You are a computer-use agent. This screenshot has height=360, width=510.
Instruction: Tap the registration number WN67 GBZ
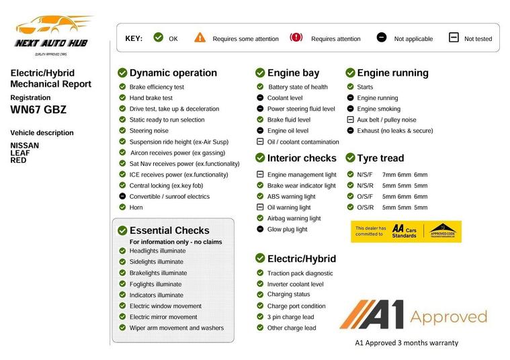click(38, 110)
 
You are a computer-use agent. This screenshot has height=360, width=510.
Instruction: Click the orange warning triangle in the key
click(200, 38)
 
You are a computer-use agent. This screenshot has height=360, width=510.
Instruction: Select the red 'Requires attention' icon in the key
click(296, 38)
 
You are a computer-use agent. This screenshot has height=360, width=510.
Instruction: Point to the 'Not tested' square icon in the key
click(454, 38)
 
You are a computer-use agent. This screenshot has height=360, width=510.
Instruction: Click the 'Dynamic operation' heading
click(173, 73)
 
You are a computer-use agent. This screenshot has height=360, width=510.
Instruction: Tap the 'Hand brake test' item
click(151, 98)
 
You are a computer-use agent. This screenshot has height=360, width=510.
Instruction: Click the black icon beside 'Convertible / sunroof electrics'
click(122, 196)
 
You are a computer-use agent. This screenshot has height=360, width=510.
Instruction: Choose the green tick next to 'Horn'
click(122, 208)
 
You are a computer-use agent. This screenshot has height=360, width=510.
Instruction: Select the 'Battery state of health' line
click(298, 87)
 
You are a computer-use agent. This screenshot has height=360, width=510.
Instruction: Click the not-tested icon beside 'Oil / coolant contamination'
click(260, 142)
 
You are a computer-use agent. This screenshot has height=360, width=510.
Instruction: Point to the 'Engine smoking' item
click(378, 109)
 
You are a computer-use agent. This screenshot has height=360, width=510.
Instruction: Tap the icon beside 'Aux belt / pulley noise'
click(350, 120)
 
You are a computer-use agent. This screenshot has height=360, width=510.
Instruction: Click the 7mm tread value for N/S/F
click(388, 175)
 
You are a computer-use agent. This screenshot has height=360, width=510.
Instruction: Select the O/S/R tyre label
click(365, 208)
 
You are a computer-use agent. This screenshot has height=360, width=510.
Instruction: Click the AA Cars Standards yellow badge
click(406, 231)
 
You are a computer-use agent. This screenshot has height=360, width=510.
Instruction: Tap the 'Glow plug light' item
click(287, 229)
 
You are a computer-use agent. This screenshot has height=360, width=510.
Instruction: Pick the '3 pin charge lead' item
click(290, 317)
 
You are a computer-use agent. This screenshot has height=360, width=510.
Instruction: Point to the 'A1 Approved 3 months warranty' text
click(406, 343)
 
